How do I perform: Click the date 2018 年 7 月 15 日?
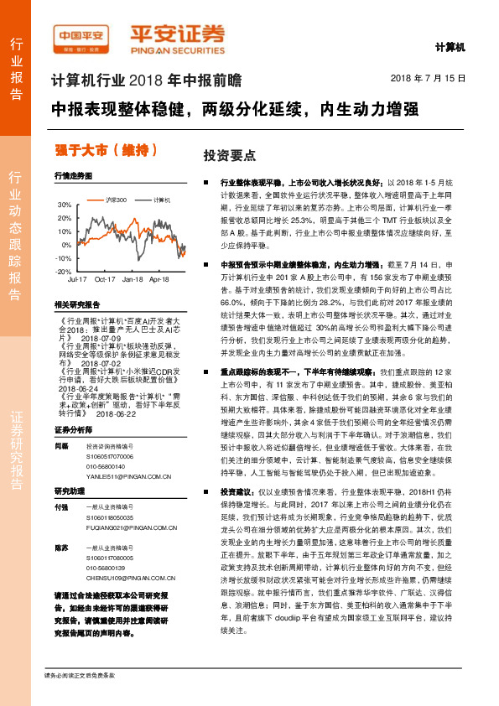(429, 78)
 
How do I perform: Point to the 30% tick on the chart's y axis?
(65, 205)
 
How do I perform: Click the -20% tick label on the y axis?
(63, 272)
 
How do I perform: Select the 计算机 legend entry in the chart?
(162, 200)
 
